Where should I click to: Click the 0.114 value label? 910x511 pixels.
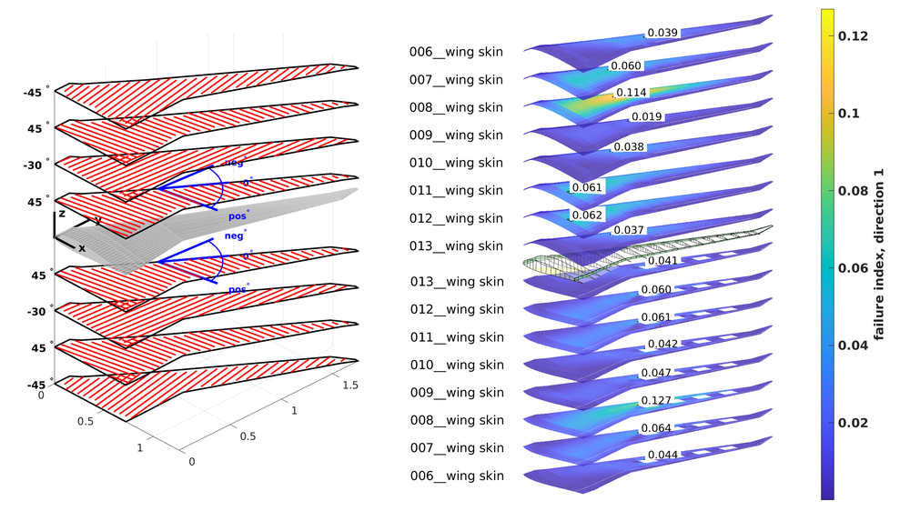click(x=632, y=93)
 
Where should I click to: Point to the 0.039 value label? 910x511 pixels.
click(x=662, y=33)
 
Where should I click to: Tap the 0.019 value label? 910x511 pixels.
click(x=646, y=117)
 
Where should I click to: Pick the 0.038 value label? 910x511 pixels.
click(x=630, y=146)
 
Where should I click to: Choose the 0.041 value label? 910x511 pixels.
click(x=662, y=261)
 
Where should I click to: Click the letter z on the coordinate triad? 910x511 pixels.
click(x=61, y=214)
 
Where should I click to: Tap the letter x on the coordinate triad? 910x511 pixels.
click(x=82, y=248)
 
